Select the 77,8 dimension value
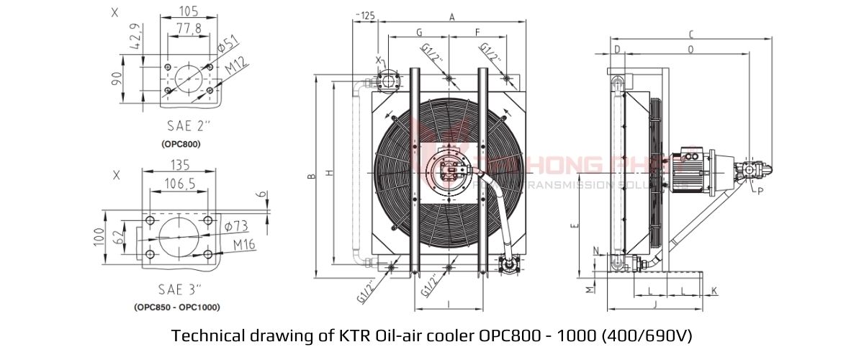[188, 28]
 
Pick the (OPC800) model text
[181, 144]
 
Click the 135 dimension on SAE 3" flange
[180, 164]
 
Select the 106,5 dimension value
[180, 184]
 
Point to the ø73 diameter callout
[236, 226]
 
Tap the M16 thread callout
[244, 245]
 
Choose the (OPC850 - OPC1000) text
[177, 307]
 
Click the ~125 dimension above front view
[366, 15]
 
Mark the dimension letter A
[451, 16]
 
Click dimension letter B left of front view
[311, 176]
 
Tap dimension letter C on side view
[690, 34]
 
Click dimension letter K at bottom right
[714, 290]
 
